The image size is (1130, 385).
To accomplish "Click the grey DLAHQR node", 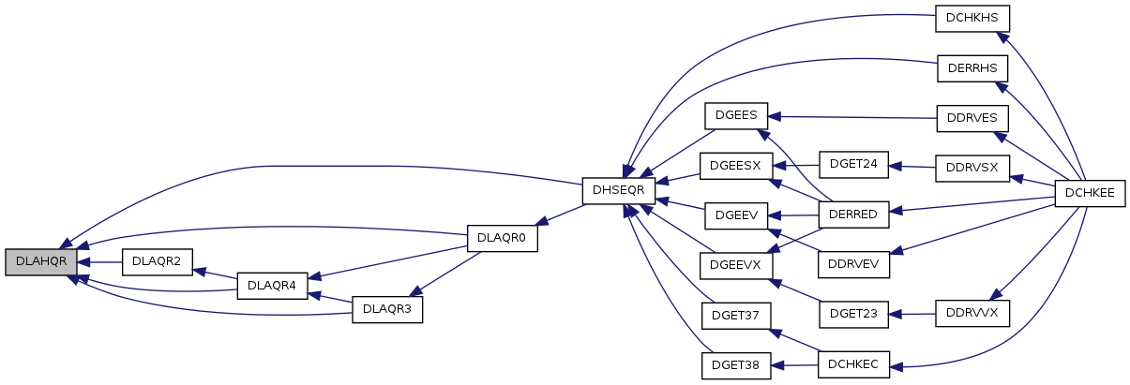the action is click(x=41, y=262).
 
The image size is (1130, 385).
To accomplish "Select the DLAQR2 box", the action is click(x=157, y=262).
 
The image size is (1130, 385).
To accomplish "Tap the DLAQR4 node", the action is click(x=272, y=286).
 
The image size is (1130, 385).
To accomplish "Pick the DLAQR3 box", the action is click(x=387, y=309).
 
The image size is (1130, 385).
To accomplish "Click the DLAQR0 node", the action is click(x=502, y=238).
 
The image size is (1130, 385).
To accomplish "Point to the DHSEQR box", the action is click(x=619, y=191).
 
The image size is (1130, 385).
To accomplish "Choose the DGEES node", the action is click(x=736, y=116).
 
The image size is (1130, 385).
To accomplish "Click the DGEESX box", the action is click(x=736, y=167).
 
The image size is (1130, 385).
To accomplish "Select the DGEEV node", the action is click(x=736, y=216).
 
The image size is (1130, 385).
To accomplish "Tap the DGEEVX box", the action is click(x=736, y=266).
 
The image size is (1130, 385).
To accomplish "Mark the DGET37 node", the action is click(x=736, y=316).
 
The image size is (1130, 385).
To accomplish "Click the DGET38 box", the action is click(x=736, y=366).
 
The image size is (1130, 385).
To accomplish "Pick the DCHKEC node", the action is click(x=853, y=364).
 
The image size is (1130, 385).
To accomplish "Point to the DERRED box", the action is click(x=853, y=215).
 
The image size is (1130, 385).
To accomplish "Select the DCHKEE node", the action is click(x=1090, y=194).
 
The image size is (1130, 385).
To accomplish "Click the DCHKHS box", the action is click(x=972, y=19).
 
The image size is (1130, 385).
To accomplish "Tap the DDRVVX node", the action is click(x=972, y=314).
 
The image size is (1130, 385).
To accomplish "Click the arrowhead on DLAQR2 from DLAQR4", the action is click(x=199, y=272).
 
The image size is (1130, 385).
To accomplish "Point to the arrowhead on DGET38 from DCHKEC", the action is click(x=777, y=366).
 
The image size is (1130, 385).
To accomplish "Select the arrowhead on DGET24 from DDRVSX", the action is click(x=895, y=167).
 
